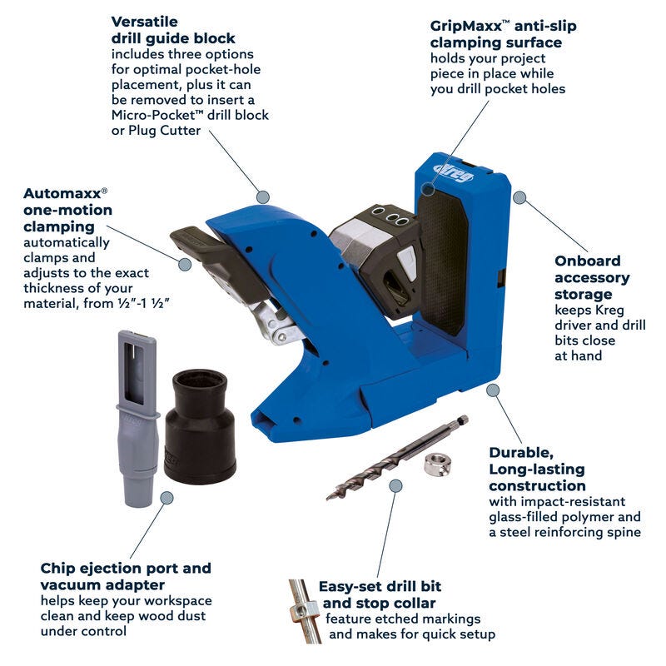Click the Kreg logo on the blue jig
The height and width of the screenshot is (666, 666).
454,171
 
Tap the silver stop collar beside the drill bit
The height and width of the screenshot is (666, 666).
438,464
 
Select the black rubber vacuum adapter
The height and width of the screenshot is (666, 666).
200,426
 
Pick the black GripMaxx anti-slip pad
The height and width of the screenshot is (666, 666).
442,260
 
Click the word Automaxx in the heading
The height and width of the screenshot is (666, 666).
62,193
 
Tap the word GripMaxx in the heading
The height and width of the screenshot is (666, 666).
466,26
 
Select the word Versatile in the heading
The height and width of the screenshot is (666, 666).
144,22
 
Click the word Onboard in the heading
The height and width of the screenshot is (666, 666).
588,261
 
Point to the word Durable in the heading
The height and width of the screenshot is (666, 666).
521,453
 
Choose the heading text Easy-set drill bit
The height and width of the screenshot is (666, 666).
380,587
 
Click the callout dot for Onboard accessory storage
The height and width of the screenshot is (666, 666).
519,197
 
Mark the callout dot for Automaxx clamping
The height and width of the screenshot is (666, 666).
185,264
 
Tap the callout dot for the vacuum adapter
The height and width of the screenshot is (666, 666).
167,498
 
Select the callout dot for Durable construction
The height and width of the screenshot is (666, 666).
493,390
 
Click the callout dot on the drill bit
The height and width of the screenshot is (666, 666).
395,486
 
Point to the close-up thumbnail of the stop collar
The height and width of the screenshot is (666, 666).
304,611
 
